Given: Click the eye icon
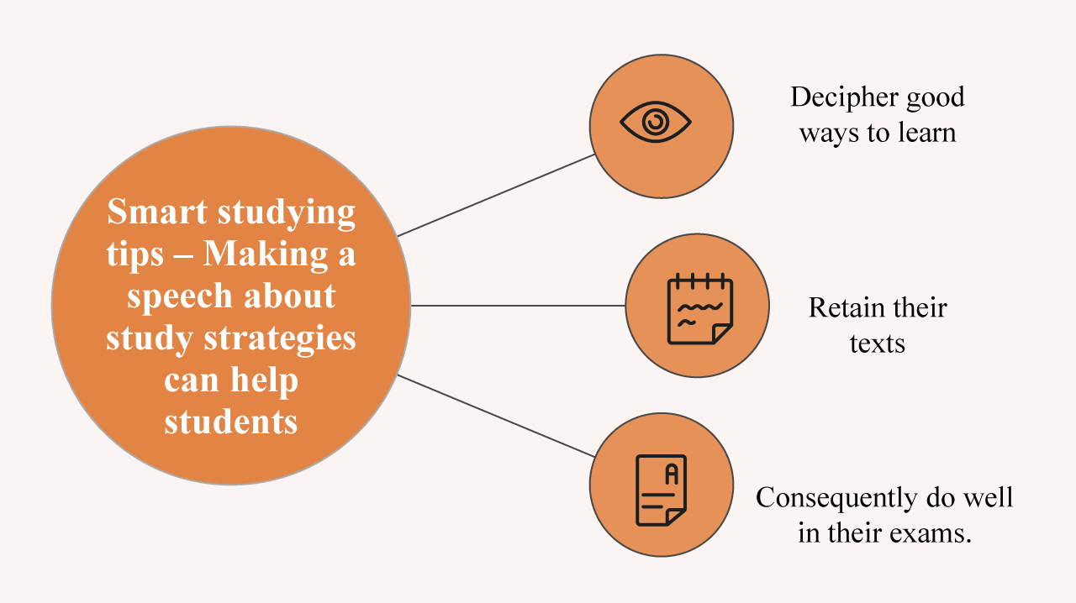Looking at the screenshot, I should (x=655, y=123).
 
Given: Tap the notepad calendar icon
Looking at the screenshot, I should (x=699, y=308).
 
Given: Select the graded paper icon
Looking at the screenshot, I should (x=662, y=490).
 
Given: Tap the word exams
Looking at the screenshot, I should (x=933, y=532).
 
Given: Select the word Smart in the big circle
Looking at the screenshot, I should (x=157, y=212).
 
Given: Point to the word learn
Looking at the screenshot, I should (x=926, y=133).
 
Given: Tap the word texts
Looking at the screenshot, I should (x=877, y=343).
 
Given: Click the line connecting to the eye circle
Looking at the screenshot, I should (x=496, y=195).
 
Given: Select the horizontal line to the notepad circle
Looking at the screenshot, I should (x=518, y=306).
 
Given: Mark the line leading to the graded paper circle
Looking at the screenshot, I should (x=496, y=416).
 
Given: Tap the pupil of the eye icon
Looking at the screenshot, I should (x=655, y=123).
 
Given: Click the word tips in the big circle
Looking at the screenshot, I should (x=134, y=254).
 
